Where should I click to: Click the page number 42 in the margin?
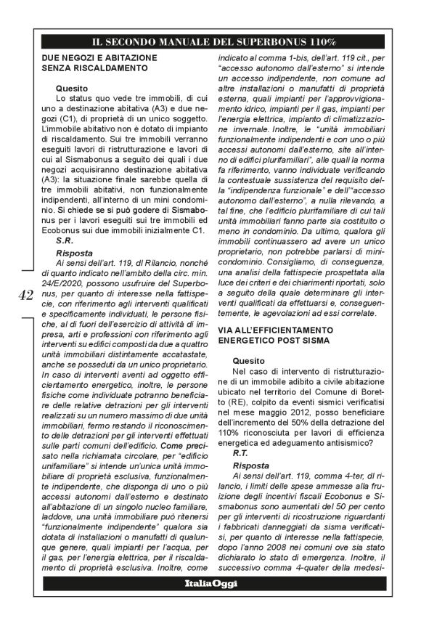coord(25,294)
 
